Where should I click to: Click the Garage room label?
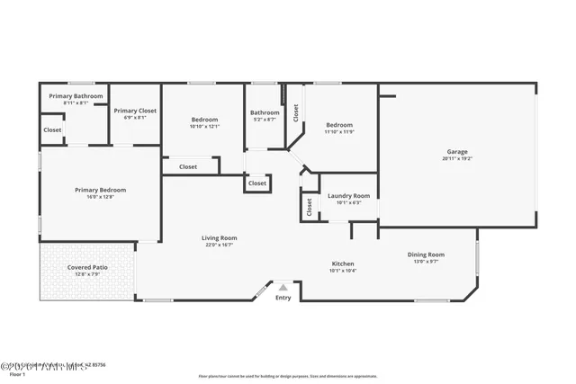point(457,152)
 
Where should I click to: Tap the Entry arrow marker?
point(283,288)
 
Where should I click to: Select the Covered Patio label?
point(86,267)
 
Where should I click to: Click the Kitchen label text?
point(342,263)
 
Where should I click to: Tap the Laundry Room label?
point(348,195)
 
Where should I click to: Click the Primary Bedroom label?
point(100,190)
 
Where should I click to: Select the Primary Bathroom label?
point(76,96)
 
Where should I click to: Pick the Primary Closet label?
point(135,111)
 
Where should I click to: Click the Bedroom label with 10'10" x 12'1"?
point(204,120)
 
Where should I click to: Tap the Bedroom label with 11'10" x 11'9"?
point(338,125)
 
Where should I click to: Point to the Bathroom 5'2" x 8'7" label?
point(265,112)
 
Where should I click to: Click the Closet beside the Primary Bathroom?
point(52,129)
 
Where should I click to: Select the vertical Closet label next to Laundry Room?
point(309,207)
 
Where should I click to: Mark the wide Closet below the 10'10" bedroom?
point(188,166)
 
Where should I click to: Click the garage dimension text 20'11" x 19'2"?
point(457,159)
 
